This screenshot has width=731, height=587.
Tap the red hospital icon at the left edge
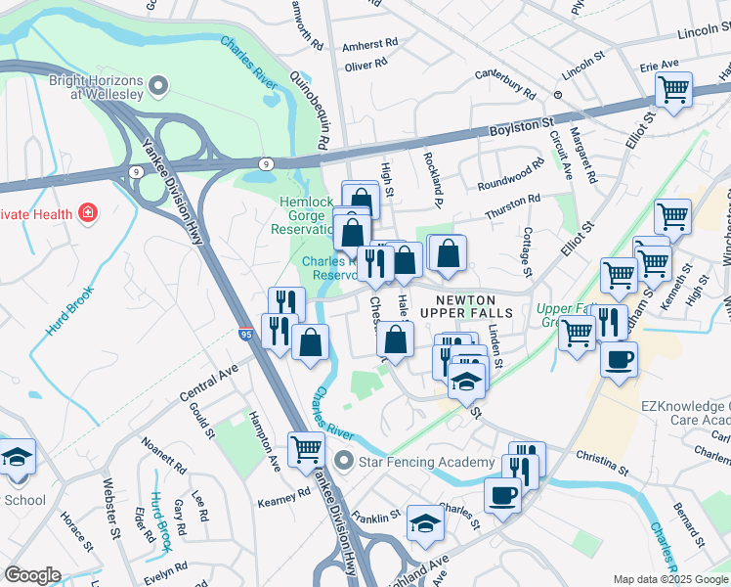[88, 211]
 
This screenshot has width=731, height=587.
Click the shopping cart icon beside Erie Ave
[673, 91]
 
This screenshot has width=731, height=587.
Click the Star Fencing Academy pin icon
[342, 460]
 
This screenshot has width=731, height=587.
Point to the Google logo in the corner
[32, 575]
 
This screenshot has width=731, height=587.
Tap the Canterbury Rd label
[505, 84]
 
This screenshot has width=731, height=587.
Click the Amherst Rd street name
[371, 44]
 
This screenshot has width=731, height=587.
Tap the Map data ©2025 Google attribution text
[671, 579]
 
